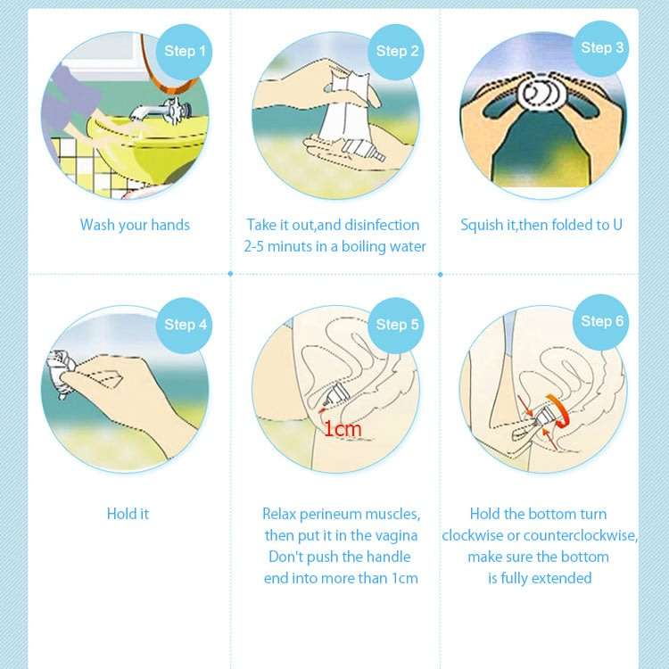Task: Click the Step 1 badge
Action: [x=186, y=51]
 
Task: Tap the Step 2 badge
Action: [x=397, y=51]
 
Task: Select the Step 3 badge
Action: [x=602, y=47]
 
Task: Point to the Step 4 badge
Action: [x=186, y=325]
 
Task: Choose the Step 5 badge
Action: [x=397, y=325]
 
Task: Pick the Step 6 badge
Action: [x=602, y=321]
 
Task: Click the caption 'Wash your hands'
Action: [x=135, y=225]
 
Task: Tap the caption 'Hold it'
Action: [x=128, y=514]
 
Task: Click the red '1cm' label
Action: [x=342, y=430]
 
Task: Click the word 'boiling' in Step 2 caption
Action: [x=360, y=246]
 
